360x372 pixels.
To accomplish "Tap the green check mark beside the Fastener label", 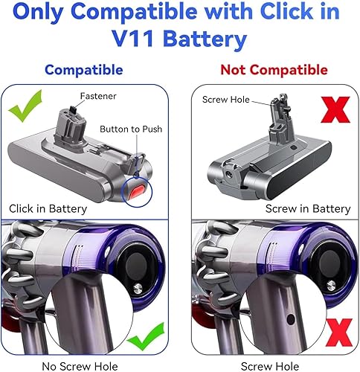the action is (25, 106).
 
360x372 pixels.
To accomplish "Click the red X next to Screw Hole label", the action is (335, 109).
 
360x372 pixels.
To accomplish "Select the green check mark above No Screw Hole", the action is (147, 336).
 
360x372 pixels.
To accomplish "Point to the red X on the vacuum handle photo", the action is (339, 333).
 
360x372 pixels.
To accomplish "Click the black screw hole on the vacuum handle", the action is (291, 320).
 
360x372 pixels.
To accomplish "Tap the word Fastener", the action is (98, 96).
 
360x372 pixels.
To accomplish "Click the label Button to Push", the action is (131, 129).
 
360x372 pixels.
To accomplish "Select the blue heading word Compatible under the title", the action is (84, 70).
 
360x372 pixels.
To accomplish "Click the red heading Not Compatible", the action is (274, 70).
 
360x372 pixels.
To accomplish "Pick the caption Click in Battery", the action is (48, 208).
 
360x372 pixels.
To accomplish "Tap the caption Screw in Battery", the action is (308, 208).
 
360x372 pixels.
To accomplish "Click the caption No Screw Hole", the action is (80, 366).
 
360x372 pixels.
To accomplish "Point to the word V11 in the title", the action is (132, 39).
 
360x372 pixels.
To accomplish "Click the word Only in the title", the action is (39, 12).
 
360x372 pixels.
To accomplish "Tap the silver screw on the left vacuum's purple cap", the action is (138, 289).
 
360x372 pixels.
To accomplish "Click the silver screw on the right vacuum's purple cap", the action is (331, 286).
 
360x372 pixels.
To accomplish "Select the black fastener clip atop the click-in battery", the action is (74, 109).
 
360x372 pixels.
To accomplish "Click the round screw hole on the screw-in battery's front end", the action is (228, 174).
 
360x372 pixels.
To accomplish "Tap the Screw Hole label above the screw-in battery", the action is (226, 100).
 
